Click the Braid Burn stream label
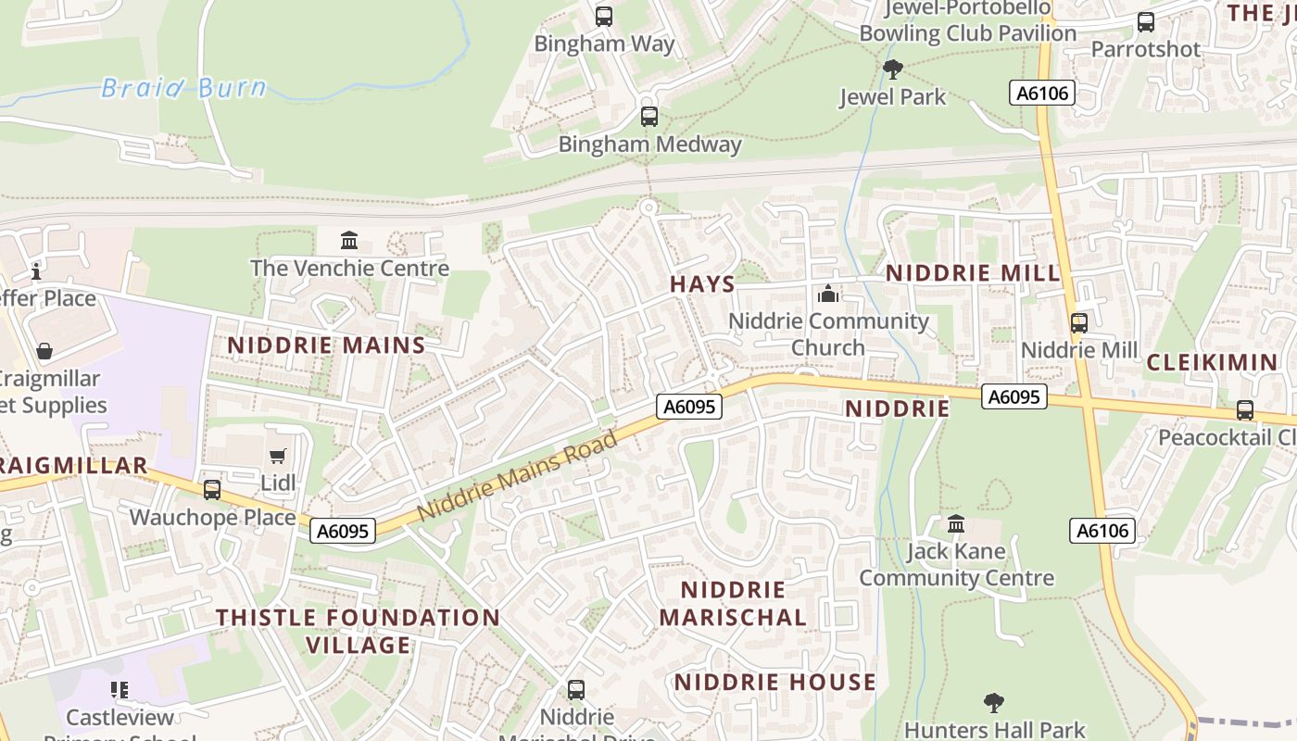(x=183, y=88)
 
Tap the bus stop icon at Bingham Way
(x=604, y=16)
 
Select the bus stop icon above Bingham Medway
(x=649, y=117)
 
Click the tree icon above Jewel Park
(x=893, y=69)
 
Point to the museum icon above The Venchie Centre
(x=349, y=241)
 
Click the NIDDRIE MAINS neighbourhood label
(x=326, y=345)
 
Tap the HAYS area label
(x=702, y=284)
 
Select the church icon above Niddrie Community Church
(x=828, y=295)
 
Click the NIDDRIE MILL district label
(x=973, y=273)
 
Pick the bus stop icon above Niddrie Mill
(x=1079, y=323)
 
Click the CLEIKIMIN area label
(x=1212, y=362)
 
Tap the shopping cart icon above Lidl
(x=277, y=456)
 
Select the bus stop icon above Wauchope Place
(x=212, y=489)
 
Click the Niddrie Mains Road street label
(x=517, y=476)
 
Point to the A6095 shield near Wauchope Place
(x=343, y=531)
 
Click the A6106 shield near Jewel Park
(x=1042, y=93)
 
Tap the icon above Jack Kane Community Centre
(x=956, y=524)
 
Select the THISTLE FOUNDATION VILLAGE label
(x=358, y=631)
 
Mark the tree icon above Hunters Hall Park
(x=994, y=702)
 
